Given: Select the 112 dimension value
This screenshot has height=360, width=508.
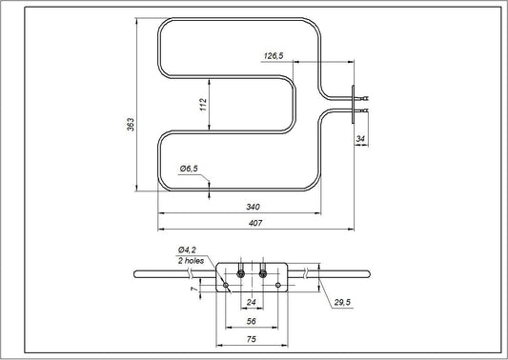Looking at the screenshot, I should (x=202, y=106).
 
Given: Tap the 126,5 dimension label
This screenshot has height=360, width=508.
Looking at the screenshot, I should (x=274, y=57).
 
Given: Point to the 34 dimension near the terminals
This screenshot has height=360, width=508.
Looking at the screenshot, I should (x=358, y=140).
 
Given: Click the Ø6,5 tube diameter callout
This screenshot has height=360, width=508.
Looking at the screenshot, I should (x=189, y=169).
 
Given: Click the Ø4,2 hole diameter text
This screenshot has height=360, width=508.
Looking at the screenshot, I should (x=187, y=250).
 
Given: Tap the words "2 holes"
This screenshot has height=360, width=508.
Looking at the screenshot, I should (x=192, y=259).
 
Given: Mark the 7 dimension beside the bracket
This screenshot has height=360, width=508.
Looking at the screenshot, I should (x=196, y=287).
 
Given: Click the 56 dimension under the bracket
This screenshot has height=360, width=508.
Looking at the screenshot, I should (x=252, y=322).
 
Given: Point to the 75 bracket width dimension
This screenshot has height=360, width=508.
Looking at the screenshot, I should (x=252, y=340).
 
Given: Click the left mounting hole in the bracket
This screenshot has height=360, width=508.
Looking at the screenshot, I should (x=225, y=285).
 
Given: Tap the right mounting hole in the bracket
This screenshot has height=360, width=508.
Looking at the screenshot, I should (x=277, y=285).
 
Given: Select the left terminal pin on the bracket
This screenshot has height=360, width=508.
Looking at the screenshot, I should (x=240, y=274).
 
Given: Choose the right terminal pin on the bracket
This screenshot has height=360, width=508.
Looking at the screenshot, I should (x=262, y=274).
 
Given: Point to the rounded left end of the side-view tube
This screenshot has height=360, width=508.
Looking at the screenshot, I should (x=136, y=274).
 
